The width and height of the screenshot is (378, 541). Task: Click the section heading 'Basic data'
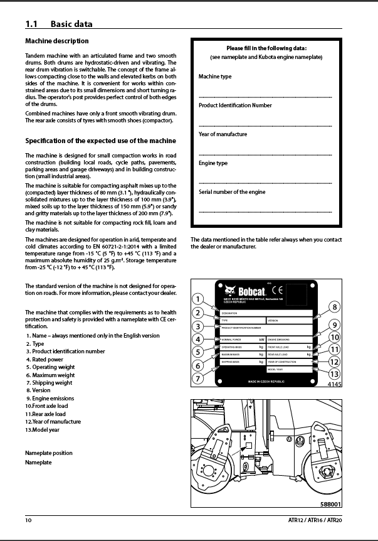click(71, 24)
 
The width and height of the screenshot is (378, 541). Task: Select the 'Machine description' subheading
click(56, 41)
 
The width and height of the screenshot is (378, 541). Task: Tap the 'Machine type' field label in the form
click(215, 77)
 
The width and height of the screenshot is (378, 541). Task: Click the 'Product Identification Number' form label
click(235, 105)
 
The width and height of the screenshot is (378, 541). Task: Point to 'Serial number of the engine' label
click(231, 192)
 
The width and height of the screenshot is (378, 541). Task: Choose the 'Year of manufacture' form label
click(223, 134)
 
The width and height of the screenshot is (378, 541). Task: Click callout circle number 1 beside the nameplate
click(197, 299)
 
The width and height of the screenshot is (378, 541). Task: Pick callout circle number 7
click(197, 378)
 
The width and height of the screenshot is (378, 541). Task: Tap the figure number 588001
click(330, 504)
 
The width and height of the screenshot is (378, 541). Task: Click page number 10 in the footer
click(28, 520)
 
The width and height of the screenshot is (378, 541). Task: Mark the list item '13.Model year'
click(43, 430)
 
